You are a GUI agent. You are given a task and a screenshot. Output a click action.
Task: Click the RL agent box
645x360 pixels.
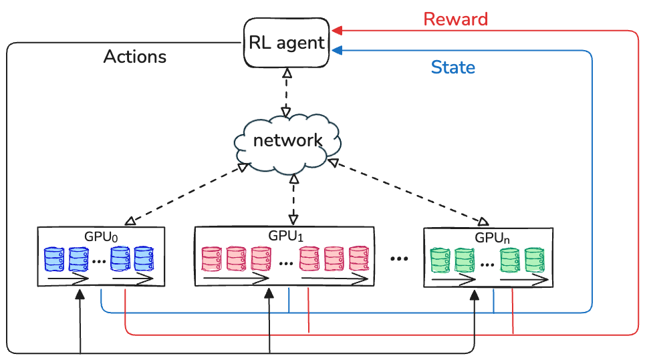click(x=286, y=43)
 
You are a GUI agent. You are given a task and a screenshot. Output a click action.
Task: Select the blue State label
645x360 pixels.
click(x=453, y=67)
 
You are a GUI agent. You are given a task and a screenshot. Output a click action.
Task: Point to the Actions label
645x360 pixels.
click(x=134, y=56)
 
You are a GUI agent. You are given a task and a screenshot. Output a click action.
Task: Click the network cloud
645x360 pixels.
click(x=287, y=140)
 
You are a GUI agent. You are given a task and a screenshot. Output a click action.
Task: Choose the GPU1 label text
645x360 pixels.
click(x=286, y=235)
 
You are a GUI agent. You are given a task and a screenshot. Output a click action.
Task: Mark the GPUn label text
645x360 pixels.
click(x=493, y=236)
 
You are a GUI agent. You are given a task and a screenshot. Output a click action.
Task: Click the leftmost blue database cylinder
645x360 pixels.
click(x=53, y=260)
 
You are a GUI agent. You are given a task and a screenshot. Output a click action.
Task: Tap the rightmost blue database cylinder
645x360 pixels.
click(x=144, y=259)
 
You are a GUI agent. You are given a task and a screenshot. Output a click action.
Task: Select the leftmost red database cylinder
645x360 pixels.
click(x=211, y=259)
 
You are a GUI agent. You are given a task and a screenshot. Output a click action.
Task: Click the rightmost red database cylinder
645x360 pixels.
click(x=359, y=259)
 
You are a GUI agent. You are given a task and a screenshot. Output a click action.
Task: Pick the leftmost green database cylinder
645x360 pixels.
click(x=440, y=260)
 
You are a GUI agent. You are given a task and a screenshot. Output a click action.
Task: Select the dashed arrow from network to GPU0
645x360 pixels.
click(x=184, y=195)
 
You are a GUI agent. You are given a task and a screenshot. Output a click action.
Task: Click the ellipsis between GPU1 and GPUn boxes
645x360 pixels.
click(x=399, y=258)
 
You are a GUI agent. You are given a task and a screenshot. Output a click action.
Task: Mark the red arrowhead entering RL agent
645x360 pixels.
click(x=338, y=30)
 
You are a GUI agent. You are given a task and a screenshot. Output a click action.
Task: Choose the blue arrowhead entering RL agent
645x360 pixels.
click(x=338, y=49)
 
